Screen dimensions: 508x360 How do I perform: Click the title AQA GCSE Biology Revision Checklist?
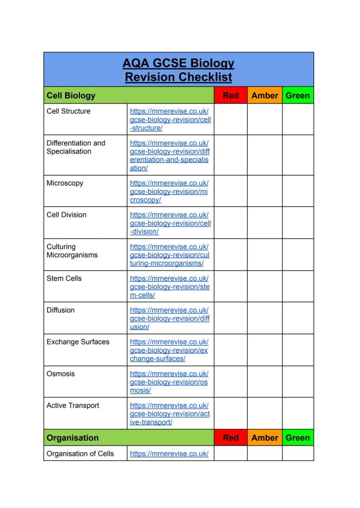tap(178, 70)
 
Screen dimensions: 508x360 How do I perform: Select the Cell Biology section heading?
tap(71, 96)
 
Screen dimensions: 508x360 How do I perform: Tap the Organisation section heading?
tap(73, 438)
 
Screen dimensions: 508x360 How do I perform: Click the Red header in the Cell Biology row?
tap(230, 96)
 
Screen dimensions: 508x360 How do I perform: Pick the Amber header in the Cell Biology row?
tap(264, 96)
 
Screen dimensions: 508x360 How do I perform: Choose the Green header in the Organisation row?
tap(298, 438)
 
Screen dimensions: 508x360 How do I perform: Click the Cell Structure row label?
tap(69, 111)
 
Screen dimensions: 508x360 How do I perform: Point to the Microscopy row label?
tap(65, 183)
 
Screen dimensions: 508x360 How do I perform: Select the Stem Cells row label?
tap(64, 278)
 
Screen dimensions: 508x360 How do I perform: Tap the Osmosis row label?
tap(60, 374)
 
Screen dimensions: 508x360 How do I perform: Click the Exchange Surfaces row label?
tap(78, 342)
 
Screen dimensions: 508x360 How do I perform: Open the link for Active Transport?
tap(170, 414)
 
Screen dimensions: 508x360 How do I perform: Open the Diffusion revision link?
tap(170, 319)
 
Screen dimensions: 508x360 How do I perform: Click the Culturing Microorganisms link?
tap(170, 255)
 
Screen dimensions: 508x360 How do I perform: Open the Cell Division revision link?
tap(170, 223)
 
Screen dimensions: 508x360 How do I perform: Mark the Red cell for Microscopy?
tap(230, 191)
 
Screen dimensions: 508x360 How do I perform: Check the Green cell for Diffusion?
tap(298, 318)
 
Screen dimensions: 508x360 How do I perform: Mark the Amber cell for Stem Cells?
tap(264, 286)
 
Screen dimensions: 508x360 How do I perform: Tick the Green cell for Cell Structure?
tap(298, 119)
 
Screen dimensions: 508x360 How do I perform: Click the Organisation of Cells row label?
tap(80, 454)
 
